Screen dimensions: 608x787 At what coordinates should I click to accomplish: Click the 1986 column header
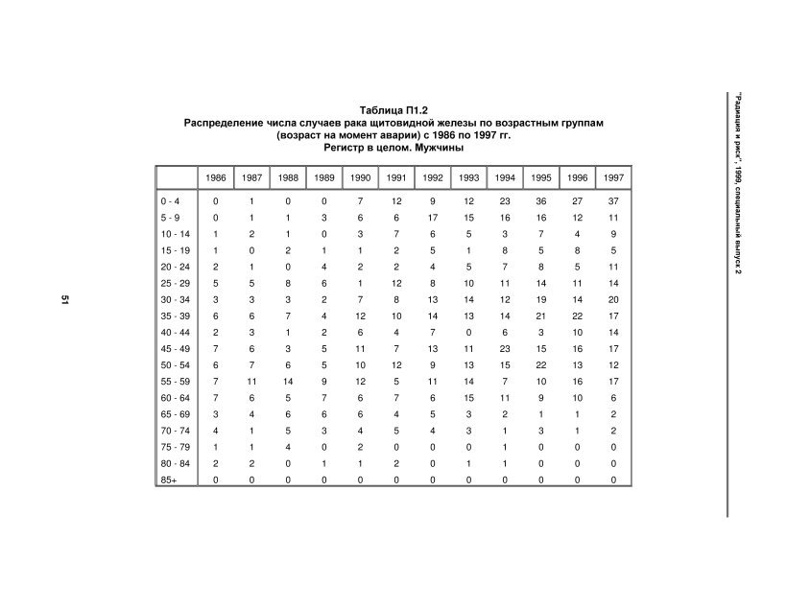pos(215,177)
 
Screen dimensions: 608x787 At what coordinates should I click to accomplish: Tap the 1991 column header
pos(394,177)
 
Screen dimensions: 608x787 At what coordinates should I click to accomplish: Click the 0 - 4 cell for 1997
pos(612,201)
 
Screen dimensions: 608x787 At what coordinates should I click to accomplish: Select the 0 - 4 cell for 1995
pos(541,201)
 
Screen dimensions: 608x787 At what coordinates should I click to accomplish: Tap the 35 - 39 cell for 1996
pos(577,316)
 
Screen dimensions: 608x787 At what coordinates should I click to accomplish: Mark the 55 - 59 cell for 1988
pos(287,382)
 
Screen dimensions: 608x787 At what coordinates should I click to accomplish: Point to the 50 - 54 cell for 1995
pos(541,365)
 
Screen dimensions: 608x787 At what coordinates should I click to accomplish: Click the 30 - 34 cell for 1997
pos(612,300)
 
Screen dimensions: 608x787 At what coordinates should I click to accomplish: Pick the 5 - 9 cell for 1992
pos(433,218)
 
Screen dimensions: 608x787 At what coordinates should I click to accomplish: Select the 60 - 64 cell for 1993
pos(468,398)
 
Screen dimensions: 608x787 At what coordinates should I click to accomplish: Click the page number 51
pos(65,303)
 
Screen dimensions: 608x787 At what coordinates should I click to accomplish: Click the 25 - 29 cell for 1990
pos(360,284)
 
